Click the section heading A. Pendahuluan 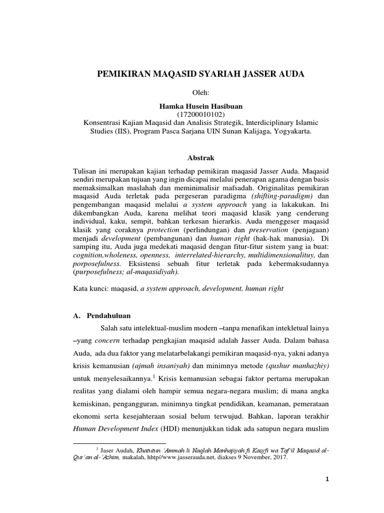(x=102, y=316)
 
